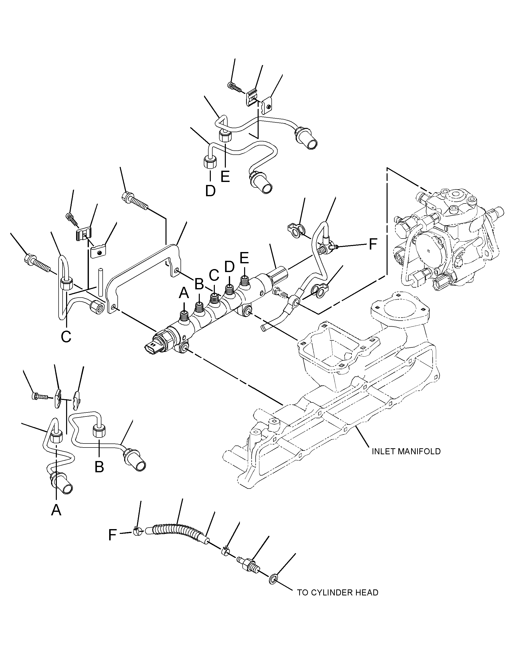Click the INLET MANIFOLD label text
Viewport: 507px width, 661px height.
click(406, 460)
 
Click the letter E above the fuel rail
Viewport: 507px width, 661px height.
click(244, 258)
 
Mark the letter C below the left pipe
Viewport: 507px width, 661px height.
click(66, 337)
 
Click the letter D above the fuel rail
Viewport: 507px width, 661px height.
click(229, 266)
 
